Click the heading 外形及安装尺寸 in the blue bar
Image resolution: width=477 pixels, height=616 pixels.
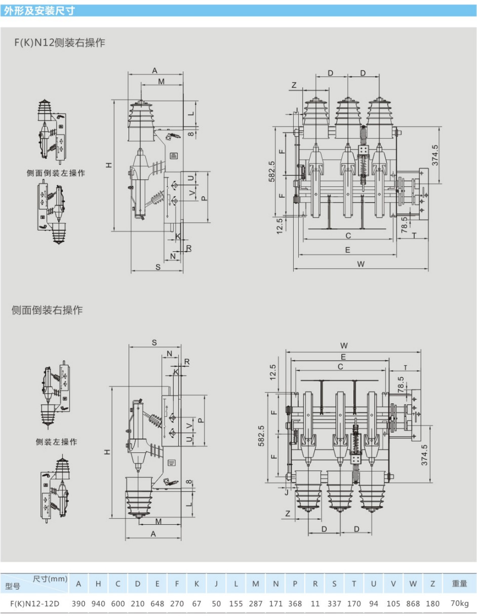pyautogui.click(x=39, y=11)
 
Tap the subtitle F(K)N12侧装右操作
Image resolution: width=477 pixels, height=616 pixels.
pyautogui.click(x=60, y=43)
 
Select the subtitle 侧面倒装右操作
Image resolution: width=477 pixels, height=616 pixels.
pyautogui.click(x=47, y=310)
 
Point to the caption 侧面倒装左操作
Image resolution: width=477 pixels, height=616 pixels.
pyautogui.click(x=56, y=173)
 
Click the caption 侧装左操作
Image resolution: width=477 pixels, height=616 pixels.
pyautogui.click(x=56, y=442)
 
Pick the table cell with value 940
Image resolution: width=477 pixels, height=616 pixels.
pyautogui.click(x=98, y=603)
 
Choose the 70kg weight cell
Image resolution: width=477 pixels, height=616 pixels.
pyautogui.click(x=459, y=603)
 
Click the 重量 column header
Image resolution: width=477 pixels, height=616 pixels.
pyautogui.click(x=459, y=584)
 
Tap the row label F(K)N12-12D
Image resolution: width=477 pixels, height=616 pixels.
pyautogui.click(x=35, y=604)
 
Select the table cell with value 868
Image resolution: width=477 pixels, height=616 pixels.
pyautogui.click(x=413, y=603)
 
